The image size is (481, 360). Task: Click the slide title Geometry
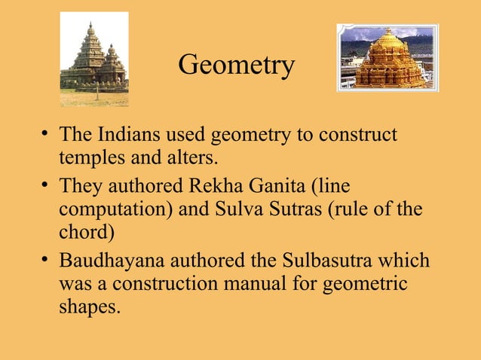[236, 66]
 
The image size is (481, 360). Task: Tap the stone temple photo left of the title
[94, 59]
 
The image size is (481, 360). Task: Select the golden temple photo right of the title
[387, 57]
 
